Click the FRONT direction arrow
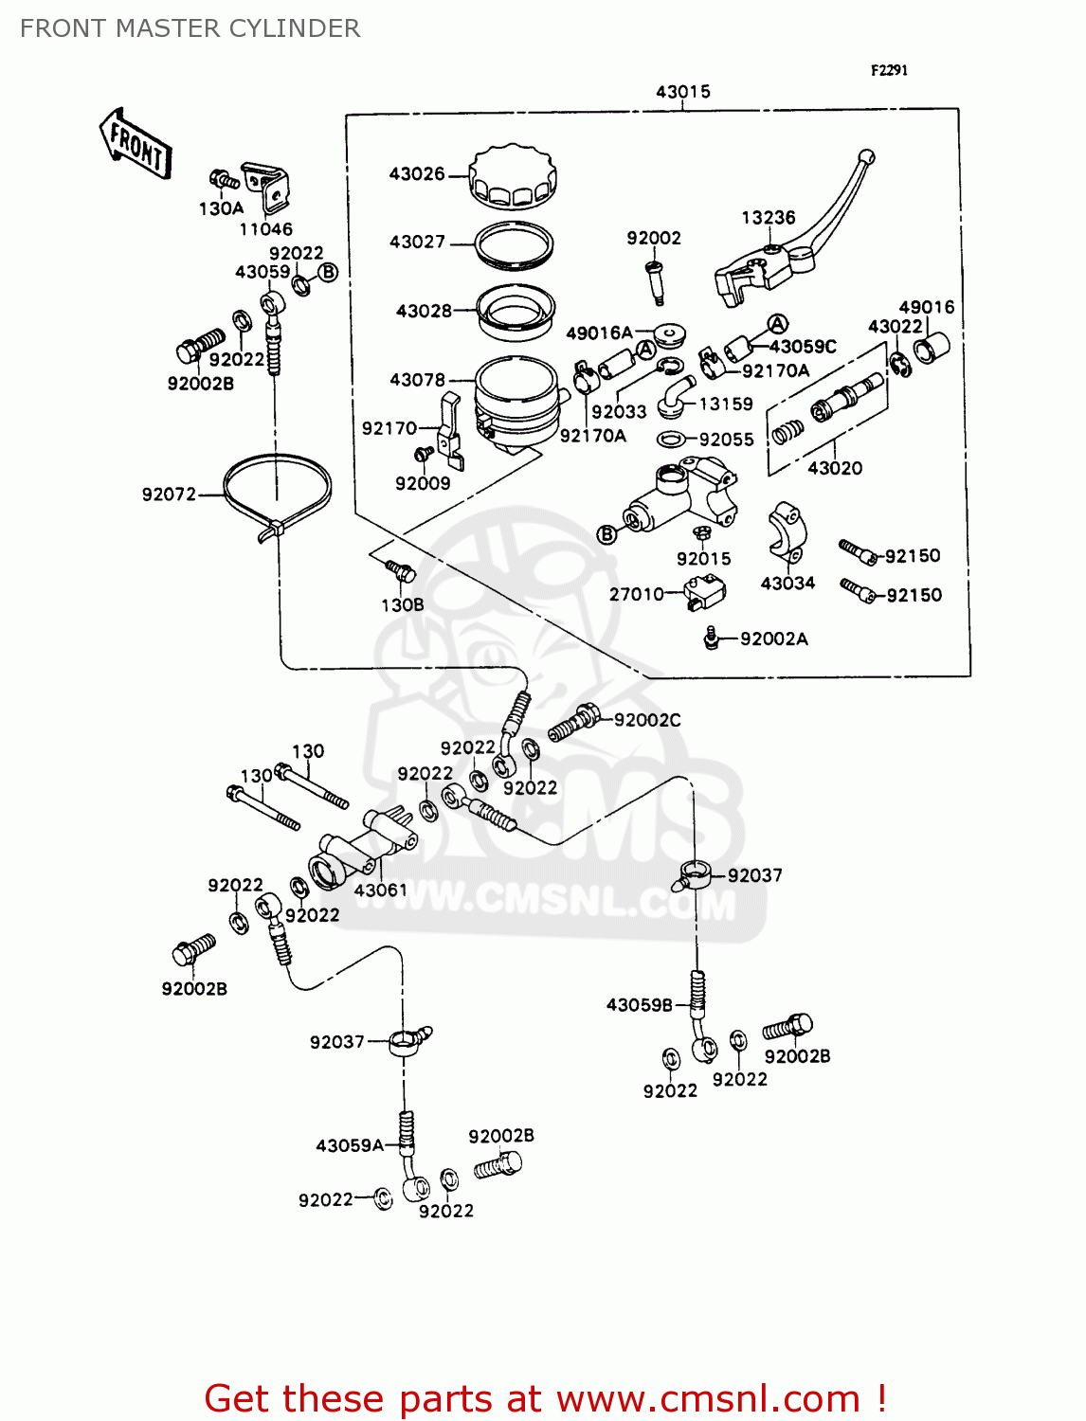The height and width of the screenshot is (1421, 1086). tap(136, 145)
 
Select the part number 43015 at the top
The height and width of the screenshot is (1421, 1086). tap(682, 92)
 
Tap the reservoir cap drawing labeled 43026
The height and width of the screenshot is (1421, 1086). tap(513, 176)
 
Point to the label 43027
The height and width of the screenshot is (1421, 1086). tap(417, 243)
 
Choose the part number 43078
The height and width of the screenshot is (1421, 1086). tap(417, 380)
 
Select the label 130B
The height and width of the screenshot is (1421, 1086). tap(402, 605)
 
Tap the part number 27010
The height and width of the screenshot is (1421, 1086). tap(636, 595)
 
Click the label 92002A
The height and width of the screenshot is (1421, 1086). tap(773, 639)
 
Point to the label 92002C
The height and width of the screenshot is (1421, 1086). tap(647, 720)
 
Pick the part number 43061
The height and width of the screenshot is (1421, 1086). tap(380, 890)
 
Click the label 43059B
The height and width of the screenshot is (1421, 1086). tap(639, 1005)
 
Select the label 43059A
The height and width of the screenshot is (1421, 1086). tap(349, 1146)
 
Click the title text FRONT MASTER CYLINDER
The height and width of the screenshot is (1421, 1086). tap(190, 28)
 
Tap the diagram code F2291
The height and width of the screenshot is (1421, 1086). tap(889, 70)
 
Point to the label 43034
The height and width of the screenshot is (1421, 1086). tap(787, 584)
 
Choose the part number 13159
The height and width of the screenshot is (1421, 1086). tap(725, 405)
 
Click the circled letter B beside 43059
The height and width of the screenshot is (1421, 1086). tap(328, 273)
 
